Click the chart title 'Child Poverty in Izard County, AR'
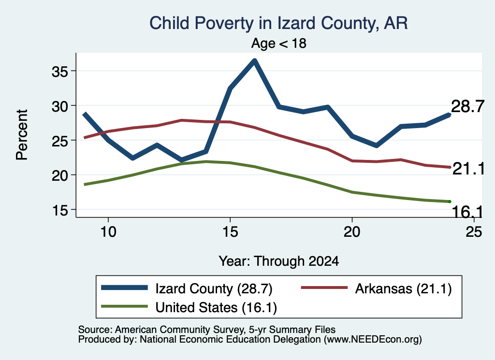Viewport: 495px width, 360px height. point(278,23)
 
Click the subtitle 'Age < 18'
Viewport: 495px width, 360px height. point(278,43)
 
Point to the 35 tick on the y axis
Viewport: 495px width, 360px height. point(59,72)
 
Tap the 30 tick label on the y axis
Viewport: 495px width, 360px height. point(59,106)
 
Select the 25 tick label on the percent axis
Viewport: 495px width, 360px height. point(59,141)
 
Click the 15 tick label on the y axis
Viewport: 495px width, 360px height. point(59,211)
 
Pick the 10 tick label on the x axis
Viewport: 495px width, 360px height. point(108,232)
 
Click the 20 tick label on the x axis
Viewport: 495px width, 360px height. point(352,232)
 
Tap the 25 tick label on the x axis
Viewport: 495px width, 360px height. point(474,232)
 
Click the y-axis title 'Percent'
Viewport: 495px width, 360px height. point(22,135)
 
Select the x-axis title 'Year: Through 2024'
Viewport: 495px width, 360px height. point(278,261)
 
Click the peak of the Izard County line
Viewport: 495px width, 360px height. point(254,60)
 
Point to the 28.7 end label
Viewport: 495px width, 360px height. point(467,106)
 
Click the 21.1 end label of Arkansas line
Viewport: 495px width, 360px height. point(468,169)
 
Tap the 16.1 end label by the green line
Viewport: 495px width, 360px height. point(467,212)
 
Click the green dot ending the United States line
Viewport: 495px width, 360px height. point(450,202)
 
